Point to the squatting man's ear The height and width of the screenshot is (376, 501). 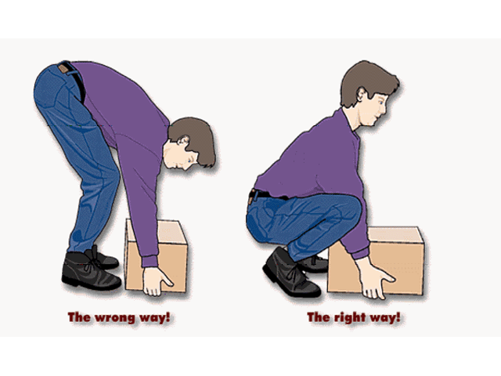pyautogui.click(x=362, y=94)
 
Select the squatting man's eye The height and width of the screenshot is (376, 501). pyautogui.click(x=381, y=103)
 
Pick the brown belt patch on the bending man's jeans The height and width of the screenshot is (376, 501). pyautogui.click(x=63, y=69)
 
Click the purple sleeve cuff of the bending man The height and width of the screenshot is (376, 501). pyautogui.click(x=150, y=262)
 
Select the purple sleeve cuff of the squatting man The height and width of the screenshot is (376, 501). pyautogui.click(x=360, y=254)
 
